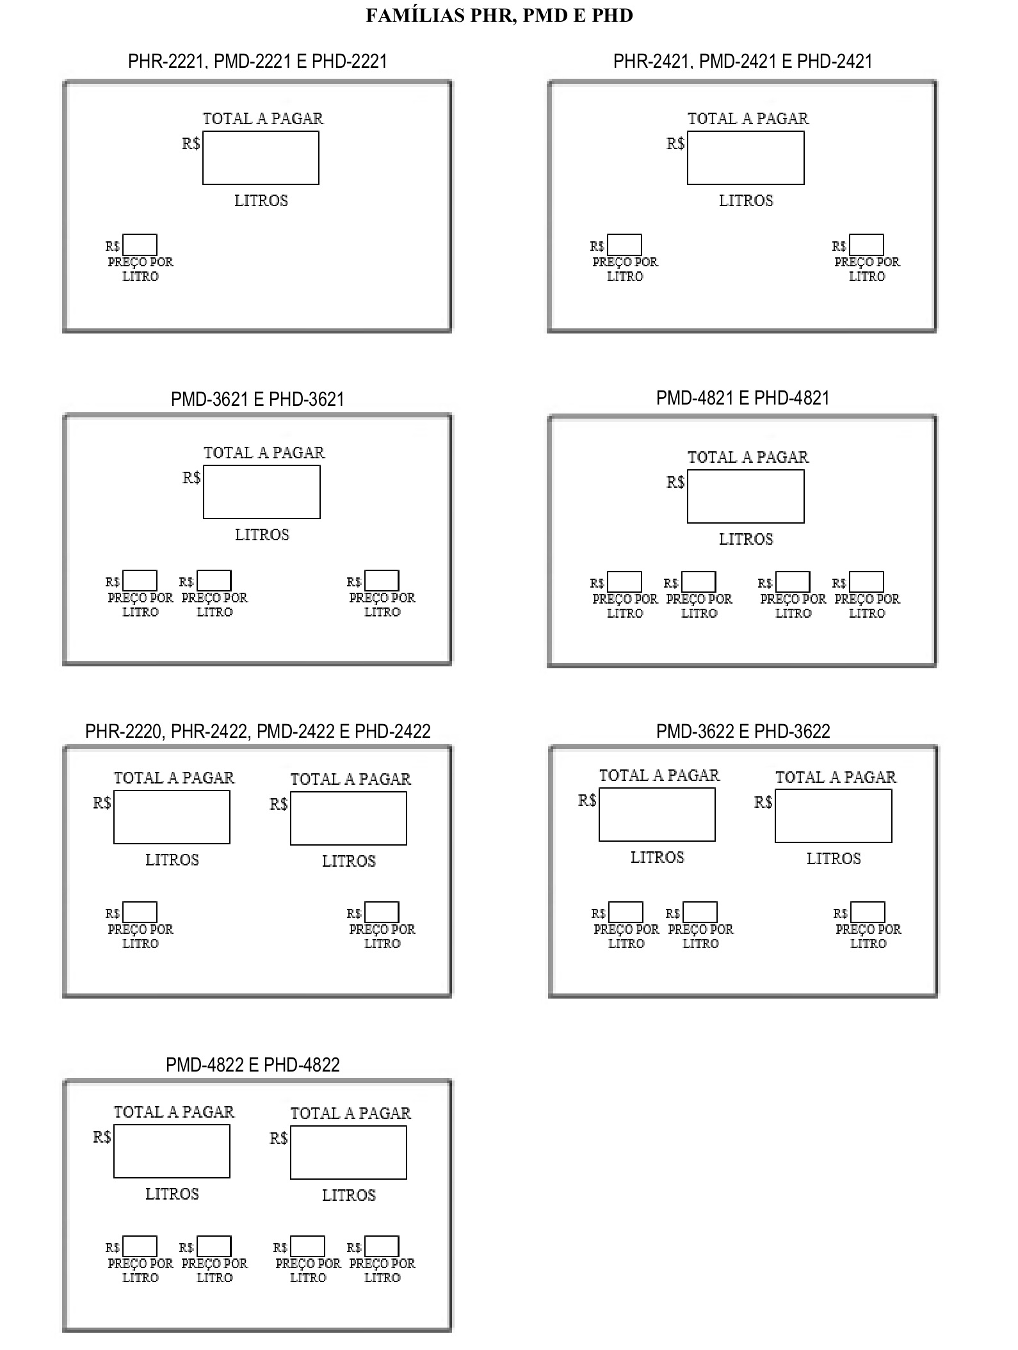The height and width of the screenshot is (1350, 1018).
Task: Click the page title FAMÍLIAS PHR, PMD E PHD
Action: pyautogui.click(x=499, y=15)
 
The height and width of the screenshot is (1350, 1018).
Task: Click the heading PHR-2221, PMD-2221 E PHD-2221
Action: pyautogui.click(x=257, y=61)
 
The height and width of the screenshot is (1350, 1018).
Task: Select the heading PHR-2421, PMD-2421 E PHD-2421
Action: pyautogui.click(x=743, y=61)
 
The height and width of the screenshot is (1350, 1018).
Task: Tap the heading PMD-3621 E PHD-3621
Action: pyautogui.click(x=257, y=399)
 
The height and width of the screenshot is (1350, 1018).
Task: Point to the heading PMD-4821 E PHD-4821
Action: pyautogui.click(x=743, y=398)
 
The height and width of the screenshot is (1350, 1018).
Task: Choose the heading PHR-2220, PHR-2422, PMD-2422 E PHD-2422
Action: pyautogui.click(x=258, y=731)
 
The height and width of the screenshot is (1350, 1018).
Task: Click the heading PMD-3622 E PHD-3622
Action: pyautogui.click(x=743, y=731)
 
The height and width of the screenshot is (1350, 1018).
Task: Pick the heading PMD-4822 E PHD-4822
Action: pyautogui.click(x=253, y=1065)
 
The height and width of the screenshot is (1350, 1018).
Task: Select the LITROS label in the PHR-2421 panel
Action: pyautogui.click(x=746, y=201)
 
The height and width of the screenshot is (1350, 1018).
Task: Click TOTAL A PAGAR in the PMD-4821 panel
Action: pyautogui.click(x=748, y=457)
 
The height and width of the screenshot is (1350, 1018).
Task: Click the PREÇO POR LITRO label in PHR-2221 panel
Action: pyautogui.click(x=140, y=269)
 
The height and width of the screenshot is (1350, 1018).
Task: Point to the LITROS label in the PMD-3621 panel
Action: pyautogui.click(x=262, y=535)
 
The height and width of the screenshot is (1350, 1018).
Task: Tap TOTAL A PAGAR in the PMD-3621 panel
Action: pyautogui.click(x=264, y=453)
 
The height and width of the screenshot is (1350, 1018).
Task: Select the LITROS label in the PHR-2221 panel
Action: pyautogui.click(x=261, y=201)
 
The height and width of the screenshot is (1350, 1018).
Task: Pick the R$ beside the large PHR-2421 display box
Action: pyautogui.click(x=675, y=143)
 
